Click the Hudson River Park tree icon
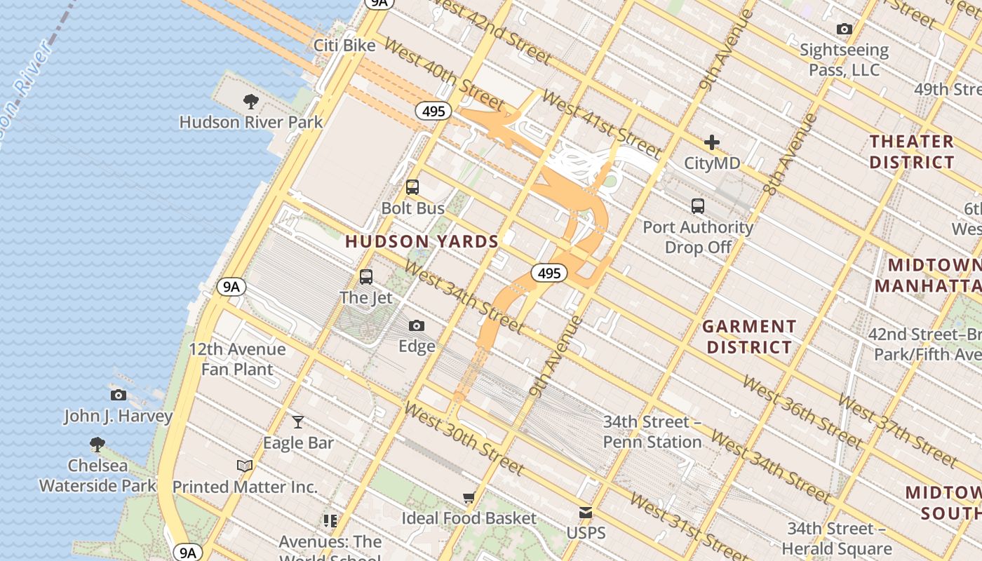point(250,102)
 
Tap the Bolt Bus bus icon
point(412,187)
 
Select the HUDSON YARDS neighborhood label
point(422,242)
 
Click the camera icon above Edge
point(417,325)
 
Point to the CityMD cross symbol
point(712,142)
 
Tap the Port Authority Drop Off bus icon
point(697,206)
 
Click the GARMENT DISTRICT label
point(749,337)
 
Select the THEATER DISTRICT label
point(912,151)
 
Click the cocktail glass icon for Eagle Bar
point(298,421)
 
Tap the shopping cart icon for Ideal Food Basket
point(469,497)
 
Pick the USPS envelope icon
point(586,513)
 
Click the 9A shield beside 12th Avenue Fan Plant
point(231,286)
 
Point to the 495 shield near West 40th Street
point(433,111)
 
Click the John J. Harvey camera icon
point(119,395)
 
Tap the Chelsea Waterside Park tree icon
point(97,444)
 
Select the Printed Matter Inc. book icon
point(244,466)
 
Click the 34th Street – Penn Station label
point(652,432)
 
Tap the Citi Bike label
point(344,46)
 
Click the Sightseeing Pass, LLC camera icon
point(845,29)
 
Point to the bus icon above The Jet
point(366,276)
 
